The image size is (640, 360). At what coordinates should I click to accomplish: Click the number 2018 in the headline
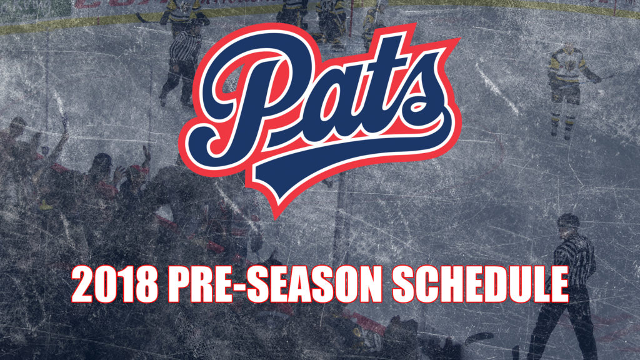(115, 284)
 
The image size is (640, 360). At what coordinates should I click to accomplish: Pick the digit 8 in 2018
(147, 284)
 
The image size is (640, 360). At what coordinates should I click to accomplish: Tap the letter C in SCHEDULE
(426, 284)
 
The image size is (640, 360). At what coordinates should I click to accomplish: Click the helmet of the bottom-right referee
(567, 221)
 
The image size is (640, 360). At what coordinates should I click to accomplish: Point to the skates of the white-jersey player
(561, 131)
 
